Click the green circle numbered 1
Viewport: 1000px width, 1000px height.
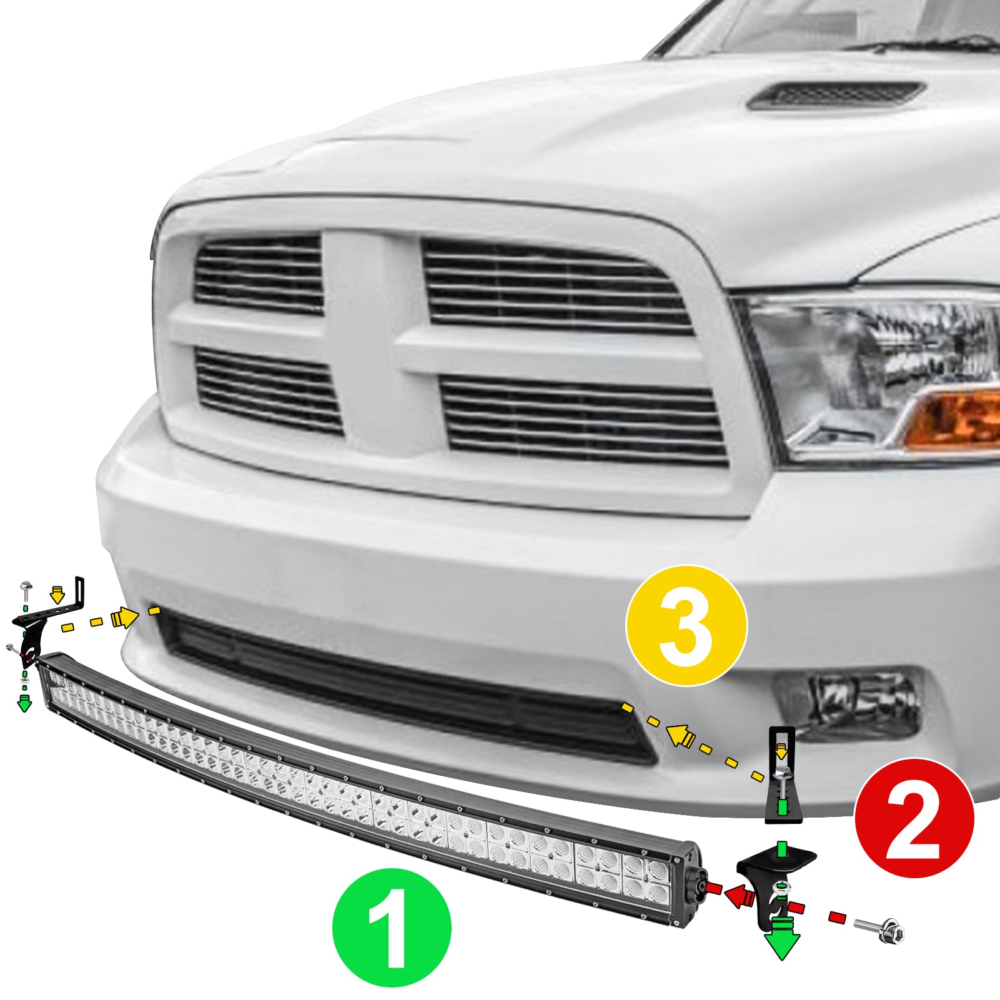point(392,928)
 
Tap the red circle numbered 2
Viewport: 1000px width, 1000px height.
point(914,818)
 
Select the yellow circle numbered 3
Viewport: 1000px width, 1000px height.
point(686,625)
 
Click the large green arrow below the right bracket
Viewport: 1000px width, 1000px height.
point(781,937)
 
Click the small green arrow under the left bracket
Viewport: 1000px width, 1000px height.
point(24,702)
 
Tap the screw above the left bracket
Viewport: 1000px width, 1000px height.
point(26,587)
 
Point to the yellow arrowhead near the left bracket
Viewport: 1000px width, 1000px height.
point(124,618)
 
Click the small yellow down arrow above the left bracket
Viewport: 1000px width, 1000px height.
point(57,595)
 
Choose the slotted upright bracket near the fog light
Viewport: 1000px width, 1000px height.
point(781,775)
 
